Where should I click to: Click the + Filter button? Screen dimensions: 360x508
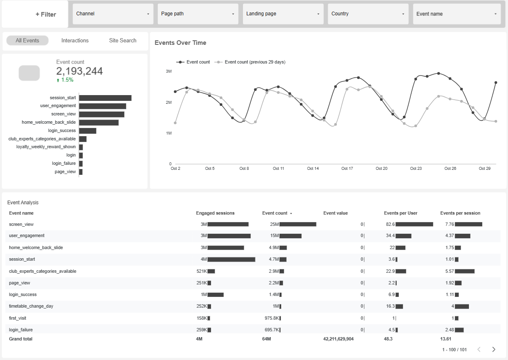[x=46, y=14]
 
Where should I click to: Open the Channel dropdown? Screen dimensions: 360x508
[x=113, y=14]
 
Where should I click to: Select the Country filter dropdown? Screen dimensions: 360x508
[x=368, y=14]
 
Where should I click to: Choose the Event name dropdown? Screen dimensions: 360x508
[x=456, y=14]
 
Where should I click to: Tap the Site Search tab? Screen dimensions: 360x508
[x=123, y=41]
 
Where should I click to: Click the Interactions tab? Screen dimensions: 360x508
[x=75, y=41]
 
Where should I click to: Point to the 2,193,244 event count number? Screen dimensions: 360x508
[x=79, y=71]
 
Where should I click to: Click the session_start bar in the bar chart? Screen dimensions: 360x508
[x=105, y=98]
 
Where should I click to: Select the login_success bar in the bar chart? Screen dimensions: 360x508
[x=88, y=131]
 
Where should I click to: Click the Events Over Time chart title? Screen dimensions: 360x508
[x=180, y=43]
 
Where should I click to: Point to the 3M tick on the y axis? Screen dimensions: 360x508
[x=169, y=71]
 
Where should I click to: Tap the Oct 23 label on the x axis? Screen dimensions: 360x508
[x=416, y=169]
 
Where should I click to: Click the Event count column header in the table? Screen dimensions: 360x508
[x=275, y=213]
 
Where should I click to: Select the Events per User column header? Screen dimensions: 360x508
[x=400, y=213]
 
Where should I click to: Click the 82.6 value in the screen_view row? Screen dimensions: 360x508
[x=390, y=224]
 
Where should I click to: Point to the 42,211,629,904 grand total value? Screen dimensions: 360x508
[x=338, y=339]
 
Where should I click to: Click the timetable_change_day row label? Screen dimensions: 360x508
[x=31, y=306]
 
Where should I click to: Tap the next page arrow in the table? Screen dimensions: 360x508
[x=494, y=349]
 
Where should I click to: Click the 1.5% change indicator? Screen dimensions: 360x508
[x=67, y=80]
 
